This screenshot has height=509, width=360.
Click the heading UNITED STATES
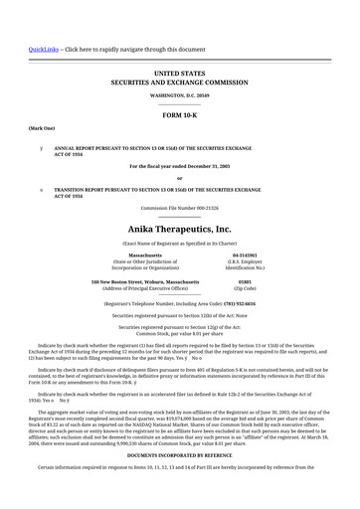tap(179, 74)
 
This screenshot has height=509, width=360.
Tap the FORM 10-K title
tap(179, 116)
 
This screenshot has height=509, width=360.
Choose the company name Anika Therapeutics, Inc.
tap(179, 229)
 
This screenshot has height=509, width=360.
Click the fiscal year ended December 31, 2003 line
tap(179, 166)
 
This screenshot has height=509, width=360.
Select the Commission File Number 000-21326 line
tap(179, 208)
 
